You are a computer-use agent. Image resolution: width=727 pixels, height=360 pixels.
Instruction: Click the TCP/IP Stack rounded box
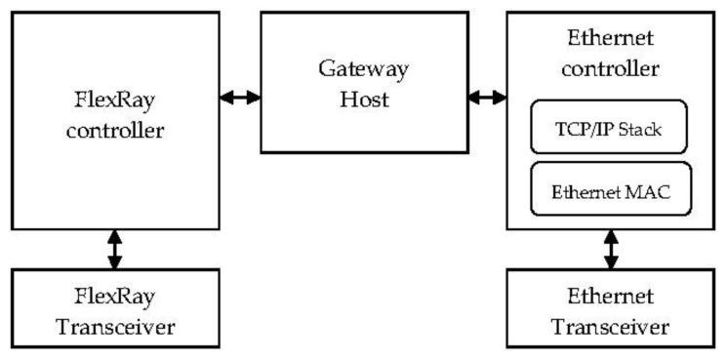[x=610, y=127]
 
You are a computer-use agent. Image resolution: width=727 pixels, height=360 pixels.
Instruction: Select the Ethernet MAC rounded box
[x=610, y=189]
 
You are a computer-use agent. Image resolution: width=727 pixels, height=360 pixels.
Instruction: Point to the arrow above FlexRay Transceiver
[x=115, y=249]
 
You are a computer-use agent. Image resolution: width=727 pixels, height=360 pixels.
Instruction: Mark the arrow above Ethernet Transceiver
[x=612, y=249]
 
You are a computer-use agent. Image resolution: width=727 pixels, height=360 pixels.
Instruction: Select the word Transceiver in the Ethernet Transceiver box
[x=611, y=325]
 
